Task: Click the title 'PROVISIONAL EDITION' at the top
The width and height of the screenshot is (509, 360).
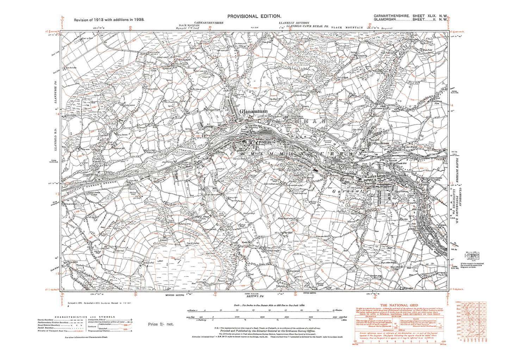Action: point(254,16)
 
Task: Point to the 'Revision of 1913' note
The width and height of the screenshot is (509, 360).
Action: point(109,20)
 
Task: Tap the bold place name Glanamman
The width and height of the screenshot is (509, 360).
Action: point(253,111)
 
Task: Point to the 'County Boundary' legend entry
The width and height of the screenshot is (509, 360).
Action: point(48,320)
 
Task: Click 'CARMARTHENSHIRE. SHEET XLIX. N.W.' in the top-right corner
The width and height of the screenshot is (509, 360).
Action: point(411,16)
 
